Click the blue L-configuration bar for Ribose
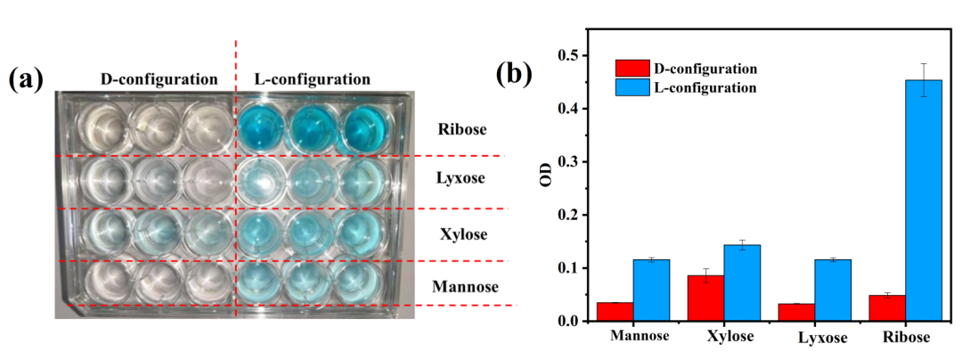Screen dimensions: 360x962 click(x=924, y=200)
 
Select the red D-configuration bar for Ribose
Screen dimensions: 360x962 click(x=888, y=307)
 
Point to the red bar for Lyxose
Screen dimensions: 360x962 click(x=796, y=312)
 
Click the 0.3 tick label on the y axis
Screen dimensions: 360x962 click(x=563, y=162)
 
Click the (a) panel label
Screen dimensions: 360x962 click(x=25, y=78)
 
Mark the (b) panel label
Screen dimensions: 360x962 click(x=514, y=73)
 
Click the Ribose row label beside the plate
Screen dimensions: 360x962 click(x=462, y=129)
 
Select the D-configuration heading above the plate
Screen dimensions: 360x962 click(x=159, y=78)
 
